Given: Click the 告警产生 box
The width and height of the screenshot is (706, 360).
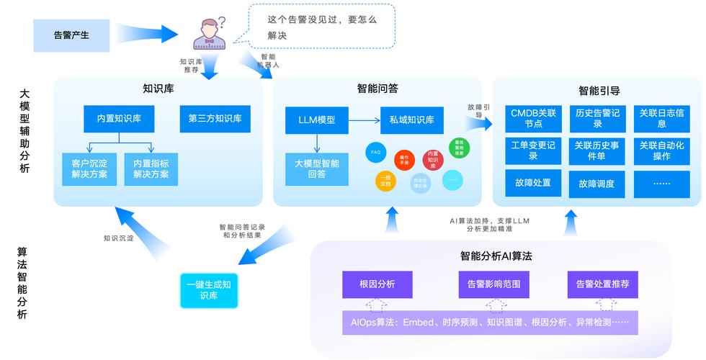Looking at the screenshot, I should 71,35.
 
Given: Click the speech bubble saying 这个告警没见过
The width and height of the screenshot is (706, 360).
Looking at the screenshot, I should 321,26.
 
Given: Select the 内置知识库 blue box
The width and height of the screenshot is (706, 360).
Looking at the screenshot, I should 119,118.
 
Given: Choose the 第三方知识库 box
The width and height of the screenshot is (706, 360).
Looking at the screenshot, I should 215,118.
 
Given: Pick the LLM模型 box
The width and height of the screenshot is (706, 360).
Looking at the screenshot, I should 317,120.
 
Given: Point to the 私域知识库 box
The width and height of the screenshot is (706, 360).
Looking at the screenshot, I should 411,120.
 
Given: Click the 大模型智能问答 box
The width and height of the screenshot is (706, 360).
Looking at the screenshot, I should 317,168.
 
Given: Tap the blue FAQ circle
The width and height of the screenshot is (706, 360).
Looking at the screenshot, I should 375,153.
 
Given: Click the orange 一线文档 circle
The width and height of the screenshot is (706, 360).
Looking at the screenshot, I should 385,181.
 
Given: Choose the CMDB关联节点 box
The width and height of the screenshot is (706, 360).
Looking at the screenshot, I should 533,118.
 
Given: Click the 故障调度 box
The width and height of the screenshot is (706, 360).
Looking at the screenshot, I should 596,184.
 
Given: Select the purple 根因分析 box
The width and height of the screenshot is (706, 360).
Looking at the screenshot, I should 377,284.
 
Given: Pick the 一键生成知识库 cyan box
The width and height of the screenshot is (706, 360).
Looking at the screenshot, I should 208,290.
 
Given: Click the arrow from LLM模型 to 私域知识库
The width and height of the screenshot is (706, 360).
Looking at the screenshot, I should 365,120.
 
